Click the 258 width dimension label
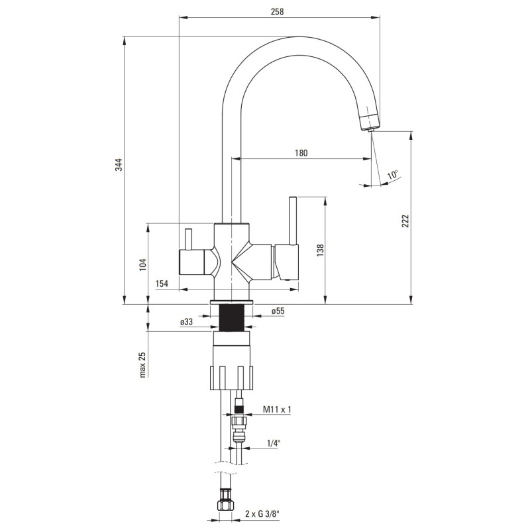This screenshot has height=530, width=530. click(x=278, y=11)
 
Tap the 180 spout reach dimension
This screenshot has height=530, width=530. click(x=300, y=152)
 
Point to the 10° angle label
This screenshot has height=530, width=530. click(x=394, y=175)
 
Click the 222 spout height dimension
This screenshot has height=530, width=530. click(x=405, y=220)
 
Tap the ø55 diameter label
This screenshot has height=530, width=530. click(x=278, y=311)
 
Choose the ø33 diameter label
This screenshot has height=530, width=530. click(x=187, y=322)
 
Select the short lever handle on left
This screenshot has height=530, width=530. click(x=187, y=239)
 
